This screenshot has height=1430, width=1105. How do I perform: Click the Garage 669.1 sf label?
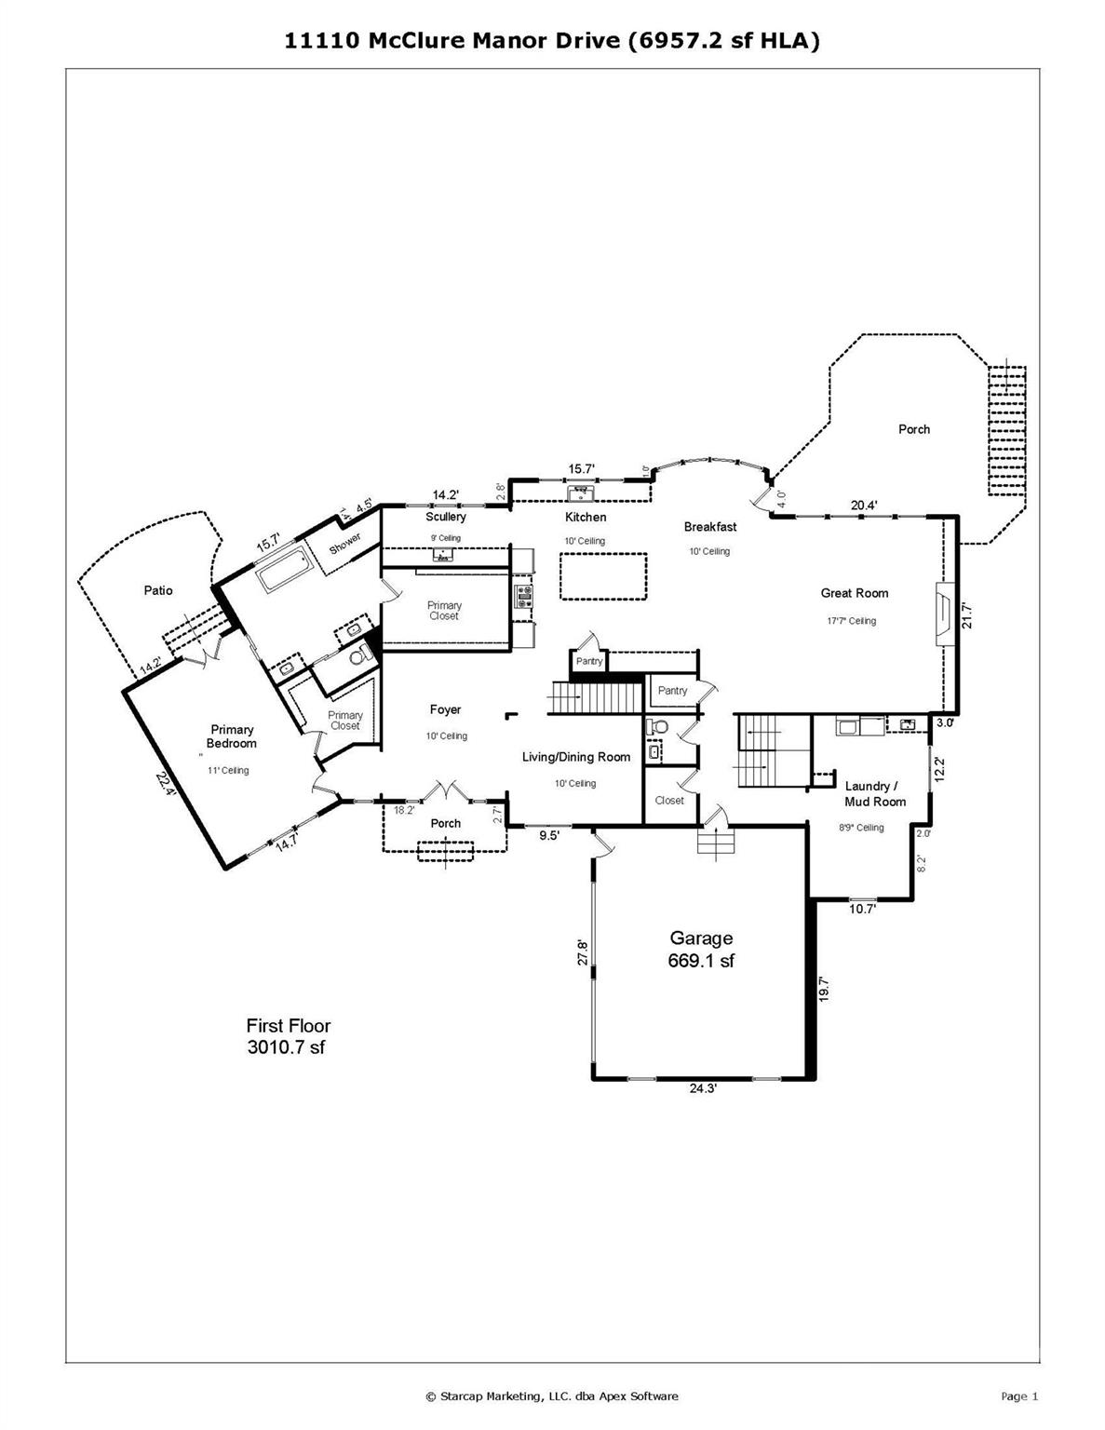tap(700, 950)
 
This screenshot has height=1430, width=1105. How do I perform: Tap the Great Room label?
tap(854, 593)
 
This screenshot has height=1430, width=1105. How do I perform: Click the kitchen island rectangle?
tap(603, 576)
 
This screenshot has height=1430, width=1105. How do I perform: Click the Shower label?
tap(344, 544)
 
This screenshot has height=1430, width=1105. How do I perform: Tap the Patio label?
tap(157, 590)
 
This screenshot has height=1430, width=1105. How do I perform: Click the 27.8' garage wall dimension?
tap(584, 951)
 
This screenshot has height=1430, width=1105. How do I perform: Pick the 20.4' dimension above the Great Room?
tap(863, 506)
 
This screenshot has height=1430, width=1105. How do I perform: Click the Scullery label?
tap(445, 517)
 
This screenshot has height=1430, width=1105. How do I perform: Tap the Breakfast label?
tap(709, 527)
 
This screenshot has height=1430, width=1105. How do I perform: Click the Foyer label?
tap(445, 709)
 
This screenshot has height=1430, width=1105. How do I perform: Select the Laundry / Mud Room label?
tap(874, 793)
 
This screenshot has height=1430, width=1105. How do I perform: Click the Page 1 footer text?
tap(1018, 1396)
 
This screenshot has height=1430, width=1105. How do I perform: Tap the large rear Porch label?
tap(913, 429)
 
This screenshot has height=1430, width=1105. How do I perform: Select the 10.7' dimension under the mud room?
tap(862, 910)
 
